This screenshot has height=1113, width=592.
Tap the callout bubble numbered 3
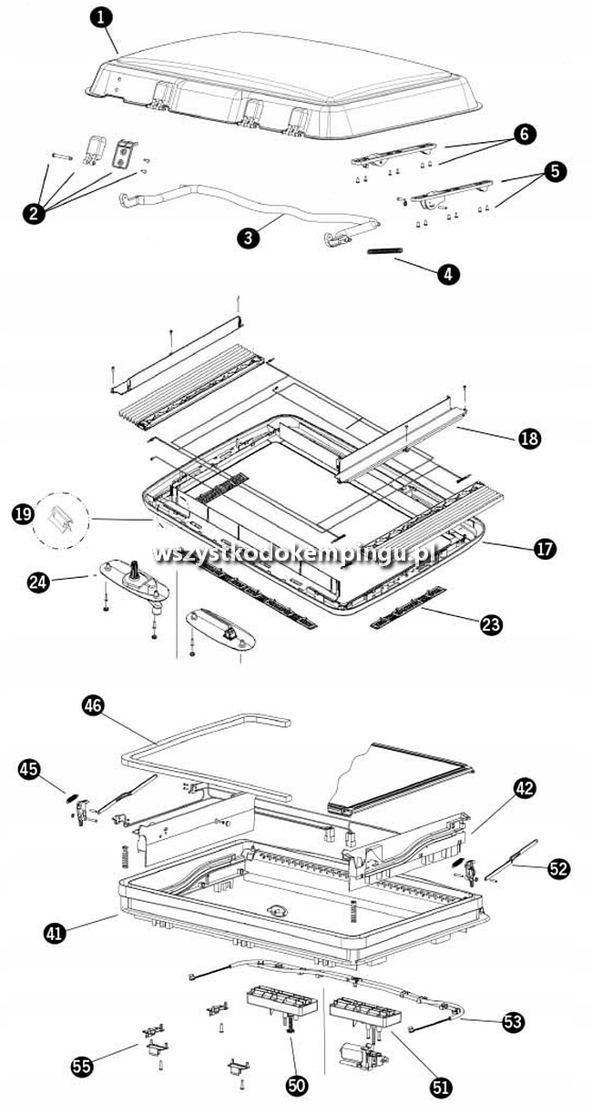(x=246, y=238)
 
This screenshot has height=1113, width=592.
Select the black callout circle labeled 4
(x=448, y=274)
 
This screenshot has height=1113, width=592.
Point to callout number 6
(x=524, y=135)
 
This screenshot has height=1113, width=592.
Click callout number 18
(x=528, y=439)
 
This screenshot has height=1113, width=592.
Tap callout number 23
(x=491, y=623)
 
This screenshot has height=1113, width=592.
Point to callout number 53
(x=513, y=1023)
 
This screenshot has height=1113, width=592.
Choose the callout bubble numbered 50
(x=297, y=1085)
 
